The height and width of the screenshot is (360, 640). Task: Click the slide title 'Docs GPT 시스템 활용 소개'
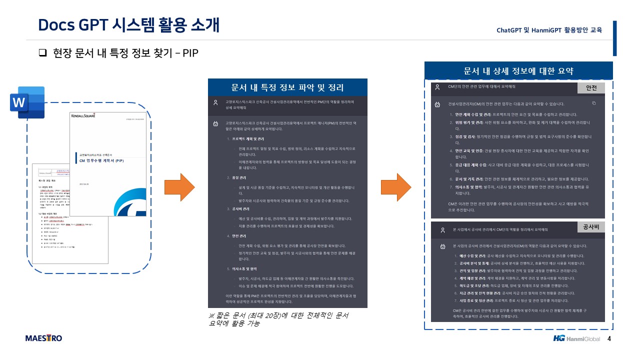(129, 24)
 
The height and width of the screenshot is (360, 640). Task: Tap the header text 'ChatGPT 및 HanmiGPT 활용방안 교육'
(549, 30)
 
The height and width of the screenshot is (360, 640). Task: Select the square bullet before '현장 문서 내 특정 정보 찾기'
(42, 52)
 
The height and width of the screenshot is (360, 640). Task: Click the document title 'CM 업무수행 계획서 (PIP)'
(101, 161)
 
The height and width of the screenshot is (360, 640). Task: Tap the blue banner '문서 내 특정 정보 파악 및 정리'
(287, 87)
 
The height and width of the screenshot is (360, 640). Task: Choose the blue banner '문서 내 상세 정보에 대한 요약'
(518, 70)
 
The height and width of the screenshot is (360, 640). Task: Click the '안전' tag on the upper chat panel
(591, 88)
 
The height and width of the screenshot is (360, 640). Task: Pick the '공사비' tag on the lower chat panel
(591, 227)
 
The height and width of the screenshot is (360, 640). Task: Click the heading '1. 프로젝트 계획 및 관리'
(245, 138)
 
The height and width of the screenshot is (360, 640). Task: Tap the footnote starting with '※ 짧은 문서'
(278, 319)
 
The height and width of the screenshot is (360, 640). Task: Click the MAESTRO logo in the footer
(44, 338)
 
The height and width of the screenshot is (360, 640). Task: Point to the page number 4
(609, 338)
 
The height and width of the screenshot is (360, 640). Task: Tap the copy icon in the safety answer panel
(594, 103)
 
